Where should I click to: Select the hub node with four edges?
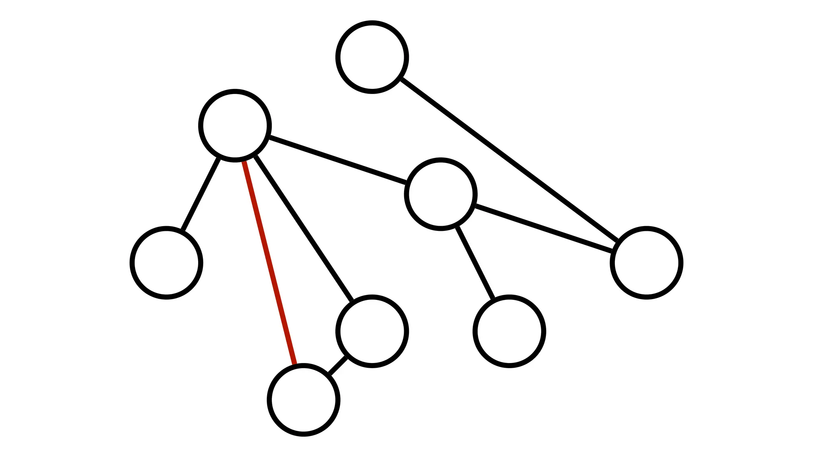tap(235, 126)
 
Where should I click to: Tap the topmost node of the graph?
tap(372, 57)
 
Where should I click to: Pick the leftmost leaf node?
tap(166, 263)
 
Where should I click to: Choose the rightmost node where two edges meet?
tap(646, 263)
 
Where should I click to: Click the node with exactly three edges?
tap(441, 194)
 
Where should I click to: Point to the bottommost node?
tap(303, 400)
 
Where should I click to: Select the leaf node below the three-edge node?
tap(509, 331)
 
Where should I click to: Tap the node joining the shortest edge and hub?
tap(372, 331)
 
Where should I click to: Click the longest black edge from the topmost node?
tap(509, 160)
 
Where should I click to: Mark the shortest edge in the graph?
tap(338, 365)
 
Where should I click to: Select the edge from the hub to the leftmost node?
tap(201, 194)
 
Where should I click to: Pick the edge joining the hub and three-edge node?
tap(338, 160)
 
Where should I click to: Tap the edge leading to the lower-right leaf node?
tap(475, 263)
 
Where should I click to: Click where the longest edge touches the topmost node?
tap(401, 79)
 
